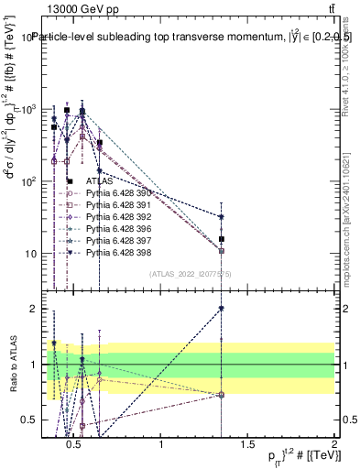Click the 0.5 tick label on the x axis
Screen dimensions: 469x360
(76, 445)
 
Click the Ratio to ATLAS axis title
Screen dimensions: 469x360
(12, 364)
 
